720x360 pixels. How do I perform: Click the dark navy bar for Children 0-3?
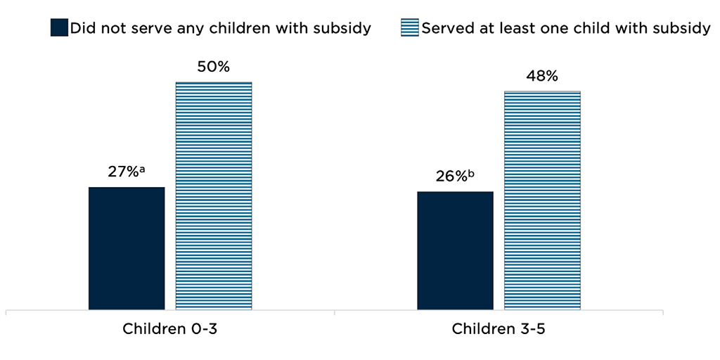click(127, 247)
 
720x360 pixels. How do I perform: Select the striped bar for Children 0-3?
click(214, 195)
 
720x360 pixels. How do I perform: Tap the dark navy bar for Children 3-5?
click(455, 250)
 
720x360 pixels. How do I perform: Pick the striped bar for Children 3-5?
click(542, 200)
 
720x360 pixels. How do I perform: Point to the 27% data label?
click(122, 173)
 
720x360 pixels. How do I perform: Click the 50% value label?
click(213, 67)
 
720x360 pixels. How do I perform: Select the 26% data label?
click(451, 177)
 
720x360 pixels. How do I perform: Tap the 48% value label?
click(542, 77)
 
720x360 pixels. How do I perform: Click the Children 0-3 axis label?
click(169, 329)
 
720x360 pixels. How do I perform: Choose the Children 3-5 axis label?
click(498, 329)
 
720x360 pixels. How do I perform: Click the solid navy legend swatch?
click(59, 28)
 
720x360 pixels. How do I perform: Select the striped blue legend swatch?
click(410, 28)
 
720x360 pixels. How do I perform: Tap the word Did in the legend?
click(82, 28)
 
